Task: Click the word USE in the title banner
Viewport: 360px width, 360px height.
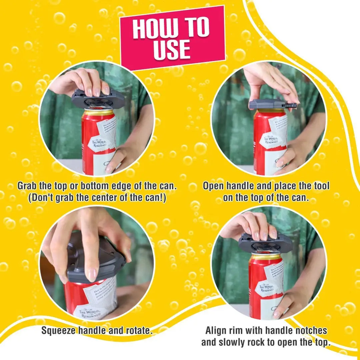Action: pyautogui.click(x=172, y=49)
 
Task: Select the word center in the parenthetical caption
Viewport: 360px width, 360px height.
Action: pyautogui.click(x=112, y=198)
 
